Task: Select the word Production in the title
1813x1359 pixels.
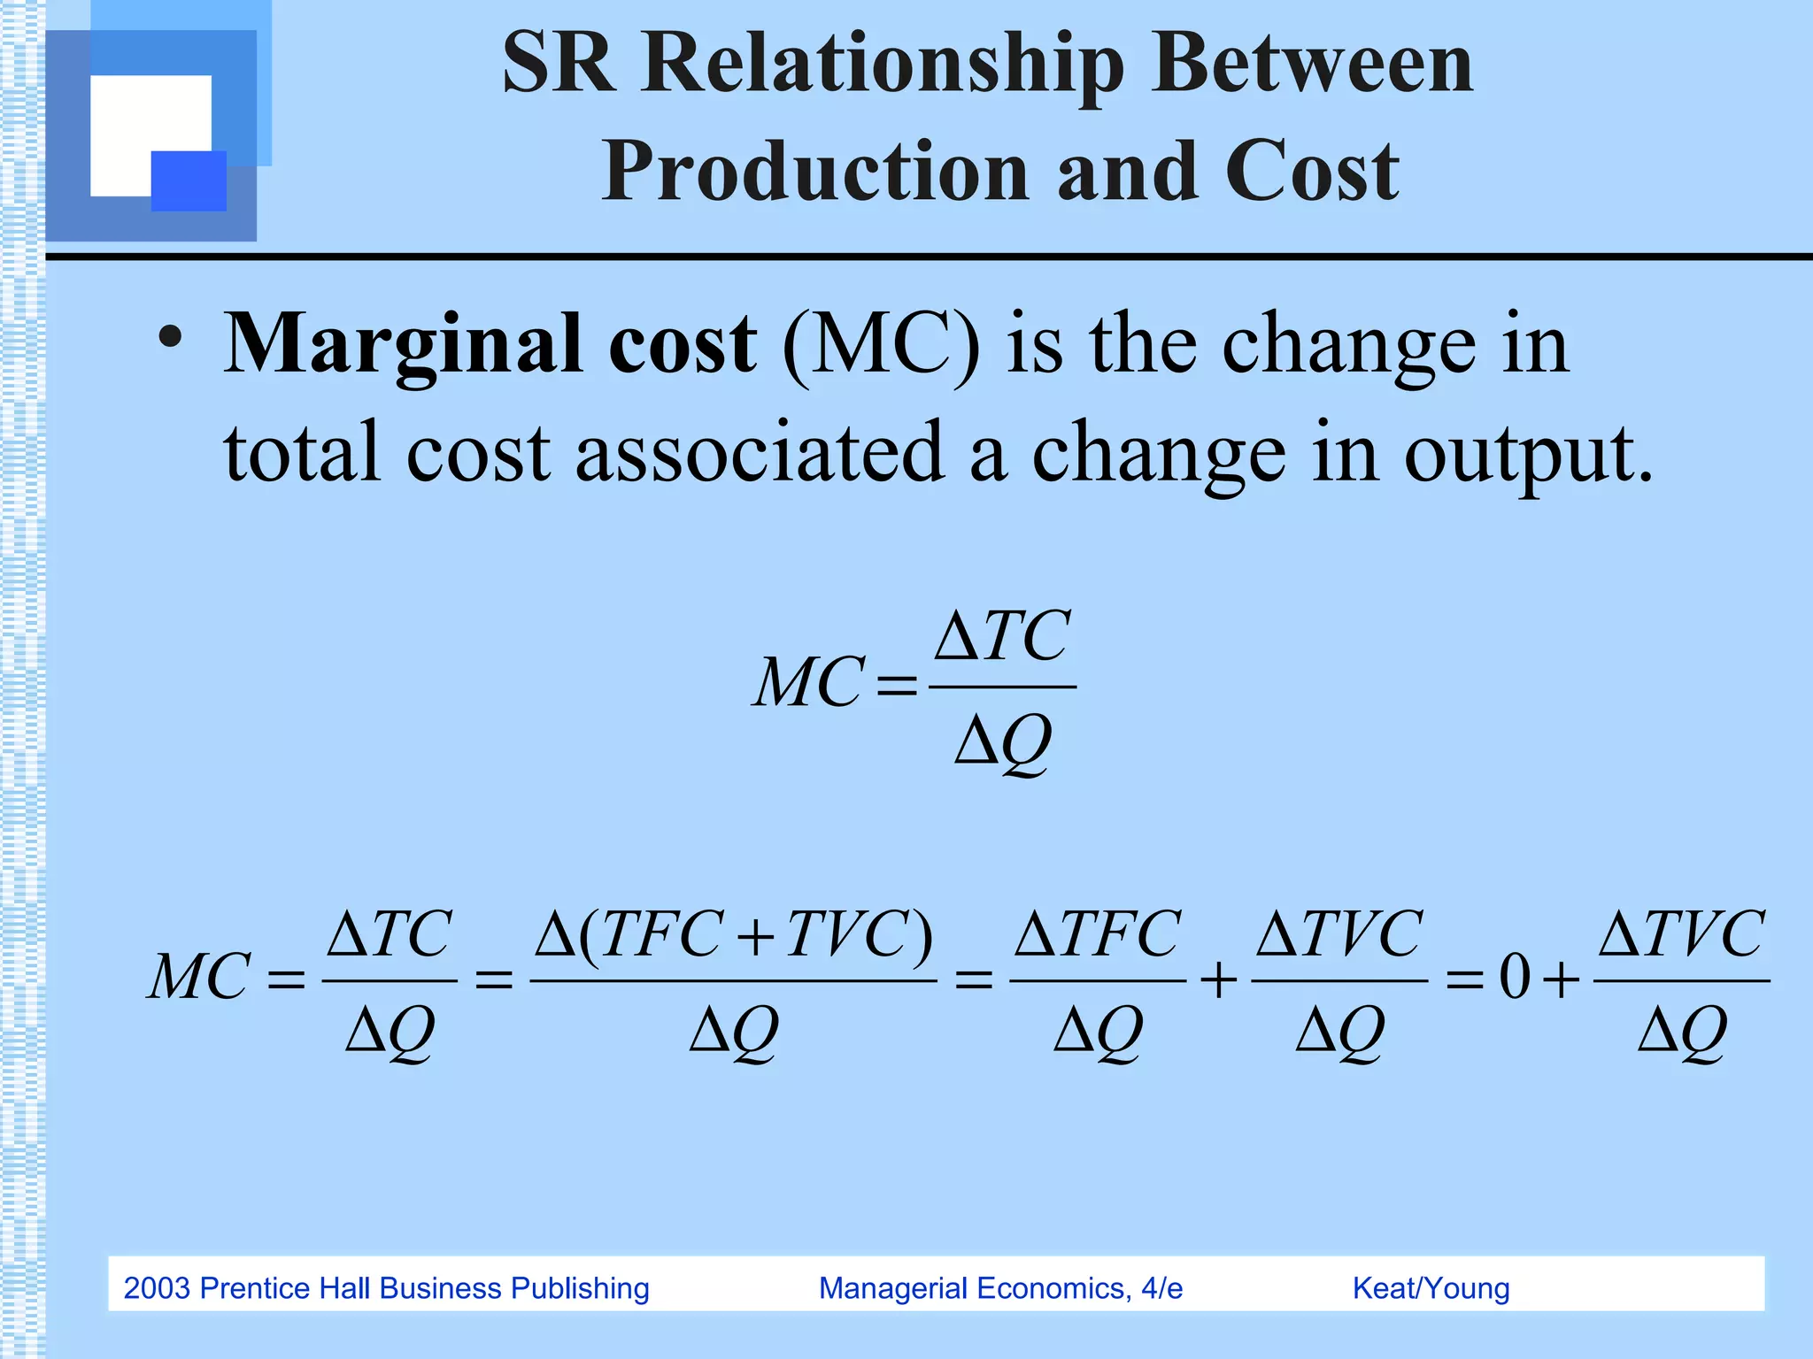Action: [x=814, y=172]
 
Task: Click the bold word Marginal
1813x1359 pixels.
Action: [x=403, y=345]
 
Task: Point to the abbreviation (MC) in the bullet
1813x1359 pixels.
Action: [x=882, y=345]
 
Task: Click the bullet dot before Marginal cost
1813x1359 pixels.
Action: [x=170, y=338]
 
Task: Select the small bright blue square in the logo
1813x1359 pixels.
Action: [x=189, y=181]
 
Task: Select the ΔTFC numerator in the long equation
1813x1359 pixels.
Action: [x=1097, y=934]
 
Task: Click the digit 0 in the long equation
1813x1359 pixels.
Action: [x=1515, y=979]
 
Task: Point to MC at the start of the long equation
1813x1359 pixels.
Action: [x=199, y=977]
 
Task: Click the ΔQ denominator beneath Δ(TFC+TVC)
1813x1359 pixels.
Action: [x=734, y=1032]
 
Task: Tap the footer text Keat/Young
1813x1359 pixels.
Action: [x=1431, y=1288]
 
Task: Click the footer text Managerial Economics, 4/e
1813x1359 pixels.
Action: [x=1000, y=1288]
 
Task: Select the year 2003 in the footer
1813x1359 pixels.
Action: [x=157, y=1288]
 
